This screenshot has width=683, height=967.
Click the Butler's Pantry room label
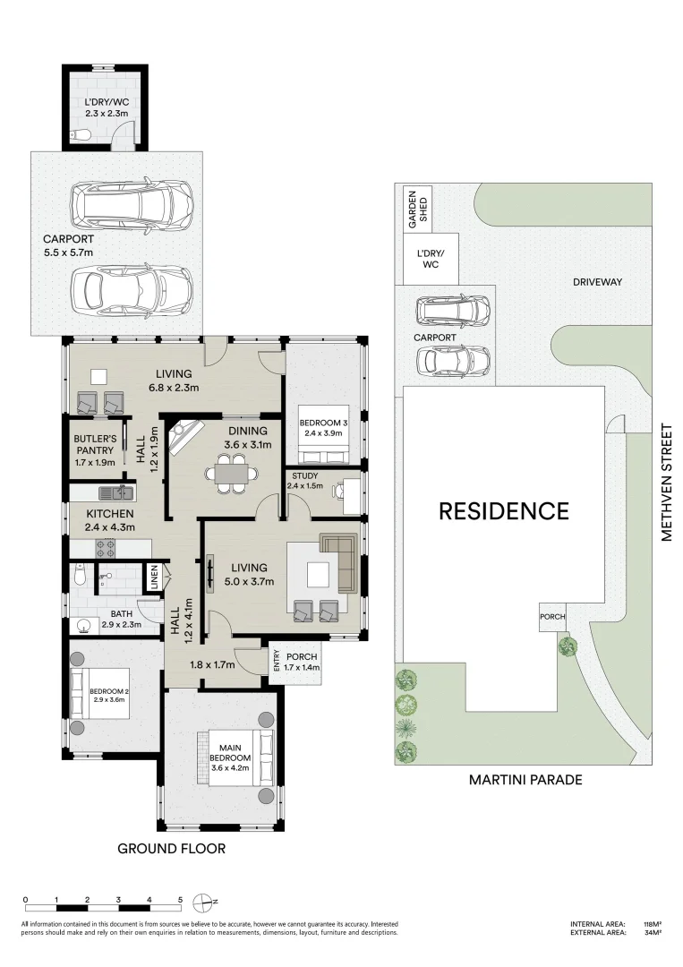point(94,450)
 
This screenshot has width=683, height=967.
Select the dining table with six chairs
point(232,474)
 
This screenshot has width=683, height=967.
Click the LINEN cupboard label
point(154,577)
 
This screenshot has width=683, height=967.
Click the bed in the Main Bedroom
point(235,758)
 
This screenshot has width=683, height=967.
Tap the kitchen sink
point(116,492)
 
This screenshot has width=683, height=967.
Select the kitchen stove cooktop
point(106,548)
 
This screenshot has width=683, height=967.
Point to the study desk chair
point(337,491)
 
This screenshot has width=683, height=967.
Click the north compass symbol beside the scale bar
point(203,903)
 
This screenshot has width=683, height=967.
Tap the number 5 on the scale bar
point(180,900)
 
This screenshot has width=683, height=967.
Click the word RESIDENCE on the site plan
point(504,511)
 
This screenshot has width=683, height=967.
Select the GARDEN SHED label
point(417,209)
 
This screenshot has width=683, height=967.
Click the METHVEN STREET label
point(666,483)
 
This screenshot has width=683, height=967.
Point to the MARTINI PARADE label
point(525,780)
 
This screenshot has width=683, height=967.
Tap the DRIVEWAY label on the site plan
point(597,282)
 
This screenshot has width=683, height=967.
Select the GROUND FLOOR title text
point(171,849)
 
